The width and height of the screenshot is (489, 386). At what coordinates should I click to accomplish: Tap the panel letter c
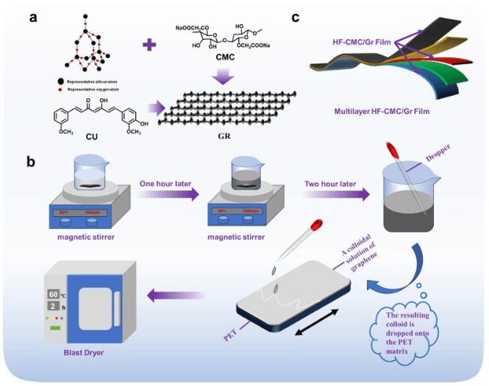coord(295,17)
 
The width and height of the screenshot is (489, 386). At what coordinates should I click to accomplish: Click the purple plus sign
coord(149,45)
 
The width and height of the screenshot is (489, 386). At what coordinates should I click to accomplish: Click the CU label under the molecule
coord(90,135)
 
